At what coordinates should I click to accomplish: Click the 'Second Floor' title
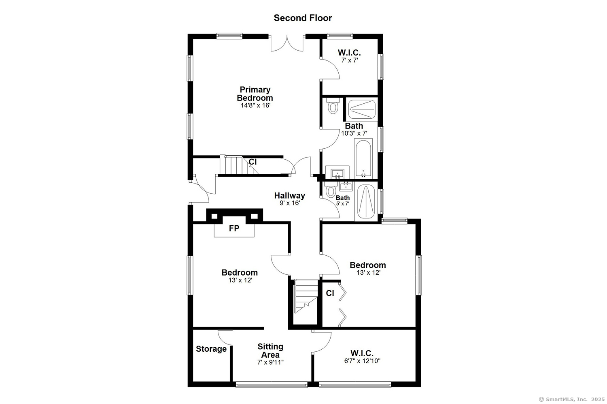303,18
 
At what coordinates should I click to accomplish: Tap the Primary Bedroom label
255,94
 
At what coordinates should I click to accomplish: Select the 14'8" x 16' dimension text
255,105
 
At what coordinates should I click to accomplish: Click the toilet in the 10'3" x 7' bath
333,105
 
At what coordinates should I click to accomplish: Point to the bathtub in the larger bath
363,158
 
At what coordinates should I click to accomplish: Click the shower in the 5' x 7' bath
366,201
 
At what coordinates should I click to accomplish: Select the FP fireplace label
234,229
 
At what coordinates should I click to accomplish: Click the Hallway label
290,195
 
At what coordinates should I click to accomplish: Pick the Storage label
211,349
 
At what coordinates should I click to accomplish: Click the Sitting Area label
270,351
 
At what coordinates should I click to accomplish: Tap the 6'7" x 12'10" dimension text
362,361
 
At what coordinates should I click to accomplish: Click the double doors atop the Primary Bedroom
287,43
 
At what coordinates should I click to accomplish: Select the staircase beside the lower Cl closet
306,297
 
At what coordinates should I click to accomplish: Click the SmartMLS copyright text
571,400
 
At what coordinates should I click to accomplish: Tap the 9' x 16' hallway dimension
290,203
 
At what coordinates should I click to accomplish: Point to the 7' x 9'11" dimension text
270,362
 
